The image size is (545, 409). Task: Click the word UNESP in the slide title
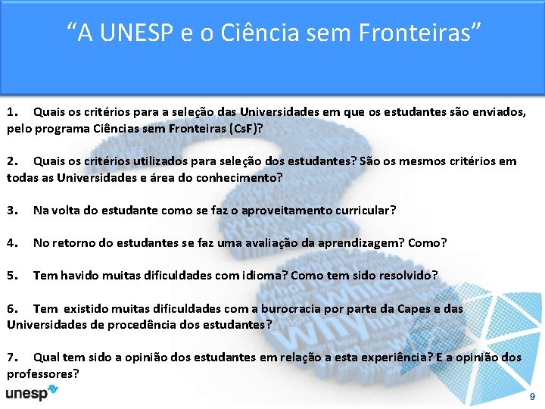(x=131, y=33)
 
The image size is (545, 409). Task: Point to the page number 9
(x=532, y=396)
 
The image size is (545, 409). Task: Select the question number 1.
(x=11, y=112)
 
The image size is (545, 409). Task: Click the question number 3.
(x=11, y=210)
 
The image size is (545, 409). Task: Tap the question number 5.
(x=11, y=275)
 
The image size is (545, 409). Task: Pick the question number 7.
(x=11, y=357)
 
